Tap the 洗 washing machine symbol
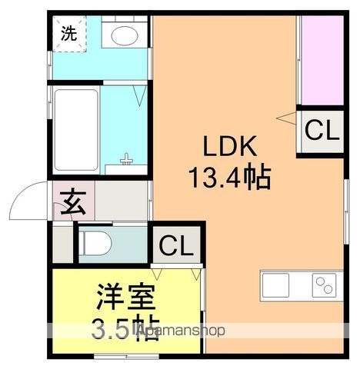69,33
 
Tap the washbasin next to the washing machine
123,34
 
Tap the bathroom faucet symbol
128,162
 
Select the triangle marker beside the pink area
288,117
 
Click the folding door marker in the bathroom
138,95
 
